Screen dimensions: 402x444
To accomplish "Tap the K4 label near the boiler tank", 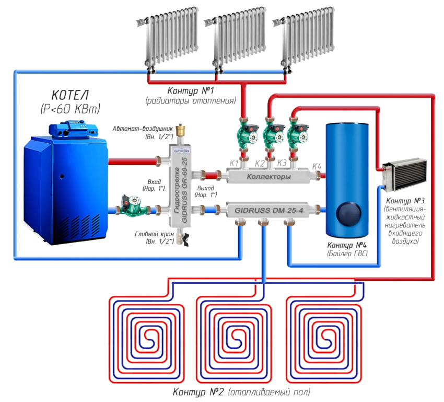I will click(x=317, y=166).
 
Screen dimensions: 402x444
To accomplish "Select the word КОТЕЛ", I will click(x=69, y=96).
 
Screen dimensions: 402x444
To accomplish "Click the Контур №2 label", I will click(x=198, y=392).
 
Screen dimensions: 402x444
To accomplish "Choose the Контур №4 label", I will click(x=347, y=246).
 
